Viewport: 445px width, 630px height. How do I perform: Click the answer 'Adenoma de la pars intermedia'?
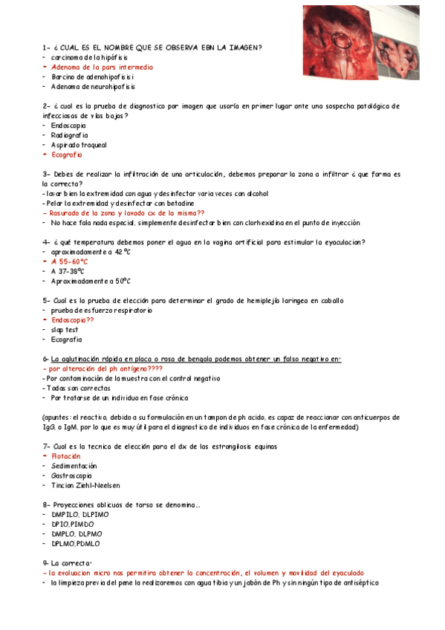(102, 67)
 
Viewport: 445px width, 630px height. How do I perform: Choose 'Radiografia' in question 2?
(69, 135)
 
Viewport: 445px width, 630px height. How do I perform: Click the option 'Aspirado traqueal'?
(79, 145)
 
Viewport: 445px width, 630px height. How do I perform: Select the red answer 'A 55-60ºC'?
(70, 262)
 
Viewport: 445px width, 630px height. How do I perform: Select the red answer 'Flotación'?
(67, 456)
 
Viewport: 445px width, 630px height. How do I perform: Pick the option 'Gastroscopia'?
(71, 475)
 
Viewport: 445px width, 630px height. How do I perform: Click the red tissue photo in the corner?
(371, 41)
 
